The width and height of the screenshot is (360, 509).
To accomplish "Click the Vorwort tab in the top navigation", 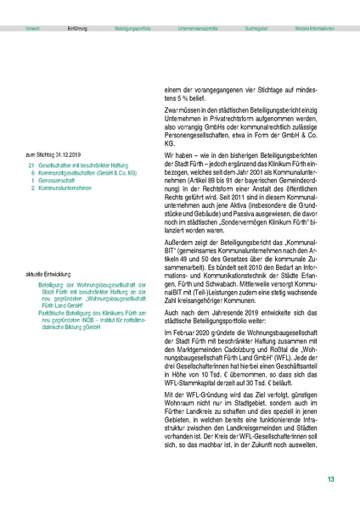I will coord(34,28).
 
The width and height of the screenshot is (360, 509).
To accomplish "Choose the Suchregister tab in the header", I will coord(258,28).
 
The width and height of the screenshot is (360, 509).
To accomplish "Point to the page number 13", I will coord(331,480).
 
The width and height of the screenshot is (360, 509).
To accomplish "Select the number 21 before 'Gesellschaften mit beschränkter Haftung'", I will coord(31,165).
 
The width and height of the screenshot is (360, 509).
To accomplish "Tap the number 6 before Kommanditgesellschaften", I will coord(33,171).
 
